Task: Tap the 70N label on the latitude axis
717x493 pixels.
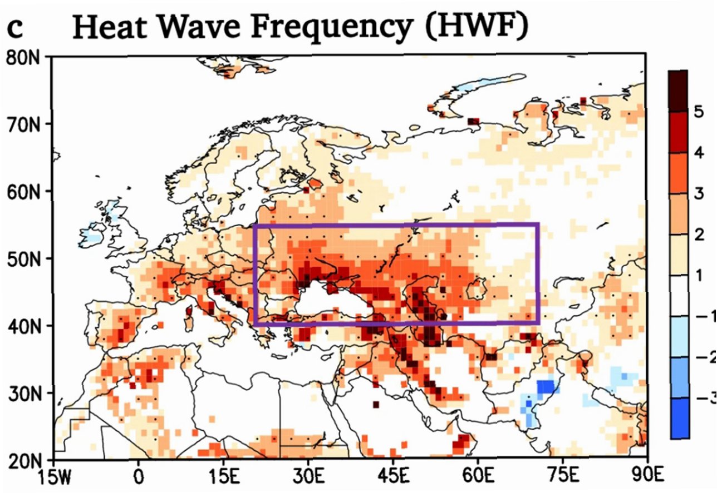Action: pyautogui.click(x=23, y=125)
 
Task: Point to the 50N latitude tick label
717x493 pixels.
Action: pyautogui.click(x=23, y=260)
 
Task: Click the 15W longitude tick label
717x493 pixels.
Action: pyautogui.click(x=54, y=477)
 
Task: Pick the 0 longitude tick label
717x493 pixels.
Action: pyautogui.click(x=138, y=476)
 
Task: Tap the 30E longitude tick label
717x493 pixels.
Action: pyautogui.click(x=308, y=476)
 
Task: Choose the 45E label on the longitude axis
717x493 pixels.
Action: pyautogui.click(x=394, y=476)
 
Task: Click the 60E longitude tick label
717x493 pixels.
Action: pyautogui.click(x=479, y=476)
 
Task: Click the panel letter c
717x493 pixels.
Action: pyautogui.click(x=15, y=29)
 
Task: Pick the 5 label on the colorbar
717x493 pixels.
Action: pyautogui.click(x=699, y=112)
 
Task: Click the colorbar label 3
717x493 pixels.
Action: pyautogui.click(x=699, y=193)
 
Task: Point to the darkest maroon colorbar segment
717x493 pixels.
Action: pyautogui.click(x=678, y=91)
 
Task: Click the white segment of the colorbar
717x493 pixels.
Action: pyautogui.click(x=679, y=296)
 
